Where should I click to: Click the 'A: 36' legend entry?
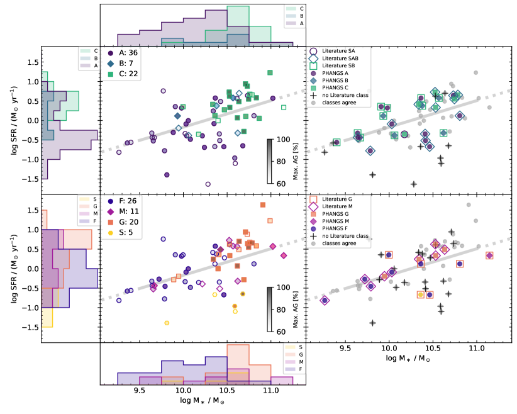pyautogui.click(x=128, y=53)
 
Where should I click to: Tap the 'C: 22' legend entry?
pyautogui.click(x=128, y=74)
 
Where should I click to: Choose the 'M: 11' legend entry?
pyautogui.click(x=128, y=213)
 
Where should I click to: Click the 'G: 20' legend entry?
pyautogui.click(x=128, y=223)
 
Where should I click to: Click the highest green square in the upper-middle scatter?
pyautogui.click(x=270, y=73)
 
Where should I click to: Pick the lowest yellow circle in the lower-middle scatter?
pyautogui.click(x=167, y=323)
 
